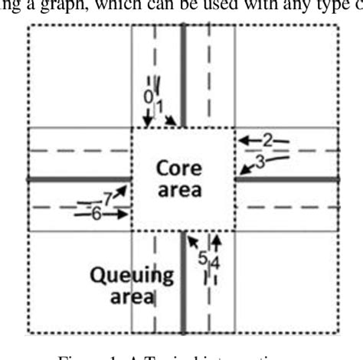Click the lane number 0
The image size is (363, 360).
coord(148,97)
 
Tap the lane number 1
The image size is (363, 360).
coord(159,105)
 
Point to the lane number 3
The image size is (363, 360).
coord(260,162)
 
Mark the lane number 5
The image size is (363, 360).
coord(202,258)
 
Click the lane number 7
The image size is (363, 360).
coord(108,198)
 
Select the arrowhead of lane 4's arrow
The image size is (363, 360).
coord(217,240)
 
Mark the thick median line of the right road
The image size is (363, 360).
coord(287,178)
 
